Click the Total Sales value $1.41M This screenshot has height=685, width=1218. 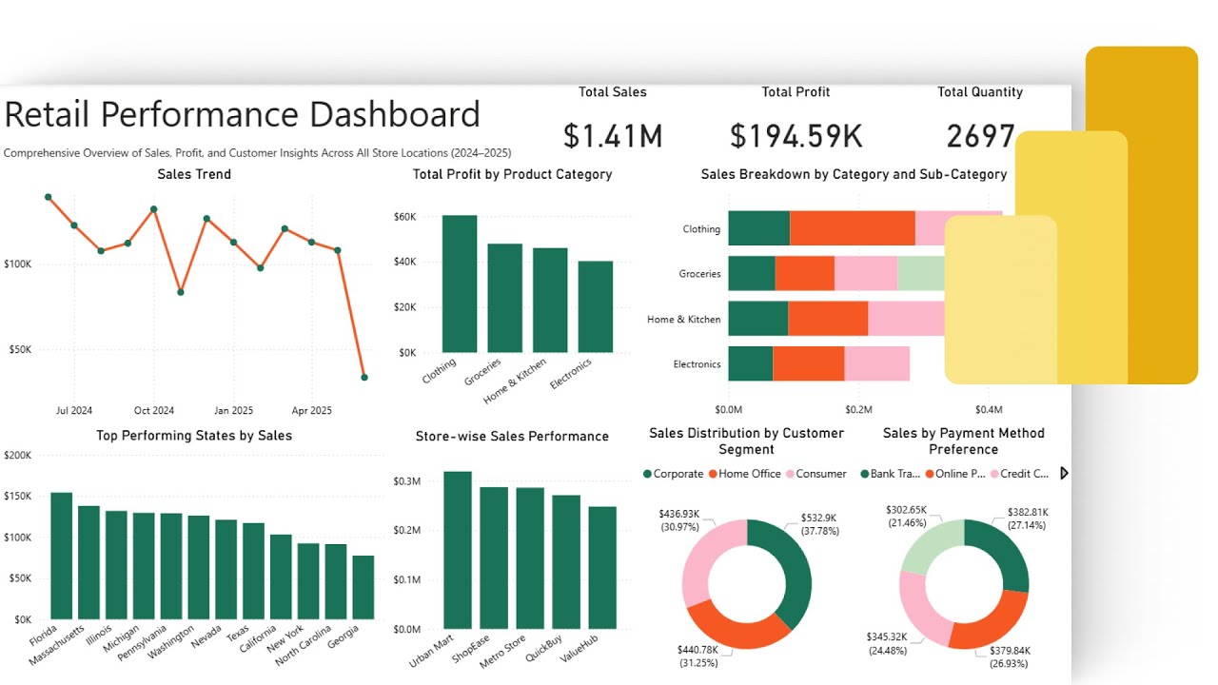(612, 136)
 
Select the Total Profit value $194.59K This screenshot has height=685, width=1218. (796, 136)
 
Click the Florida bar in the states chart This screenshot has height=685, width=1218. (62, 556)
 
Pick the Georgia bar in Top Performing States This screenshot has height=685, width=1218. (363, 587)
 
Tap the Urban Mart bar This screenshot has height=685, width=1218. (458, 550)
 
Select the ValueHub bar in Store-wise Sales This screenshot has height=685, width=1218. (601, 567)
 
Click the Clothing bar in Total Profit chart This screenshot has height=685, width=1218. (460, 284)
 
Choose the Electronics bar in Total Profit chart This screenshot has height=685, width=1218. (596, 306)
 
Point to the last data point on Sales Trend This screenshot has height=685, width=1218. (364, 378)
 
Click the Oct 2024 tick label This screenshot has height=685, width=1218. (154, 411)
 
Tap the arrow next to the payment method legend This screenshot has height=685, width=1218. (1064, 473)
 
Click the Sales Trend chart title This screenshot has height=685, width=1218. (194, 174)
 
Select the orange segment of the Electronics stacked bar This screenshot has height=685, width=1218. (808, 364)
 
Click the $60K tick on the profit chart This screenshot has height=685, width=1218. (404, 217)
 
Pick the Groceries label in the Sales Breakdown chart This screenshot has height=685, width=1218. (699, 274)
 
